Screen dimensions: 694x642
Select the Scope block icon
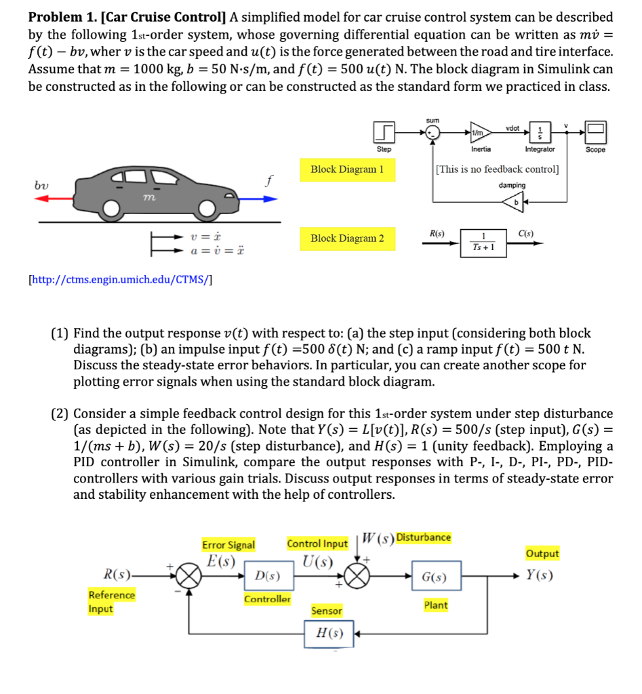point(597,131)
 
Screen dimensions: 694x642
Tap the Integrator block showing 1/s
point(540,131)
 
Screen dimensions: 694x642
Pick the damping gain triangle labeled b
point(516,201)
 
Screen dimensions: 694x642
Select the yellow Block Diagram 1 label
point(347,169)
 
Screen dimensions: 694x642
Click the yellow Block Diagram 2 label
point(347,239)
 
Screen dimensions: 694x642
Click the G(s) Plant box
point(435,577)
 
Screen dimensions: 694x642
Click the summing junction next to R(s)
point(189,577)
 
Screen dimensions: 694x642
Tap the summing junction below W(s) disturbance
point(358,577)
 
